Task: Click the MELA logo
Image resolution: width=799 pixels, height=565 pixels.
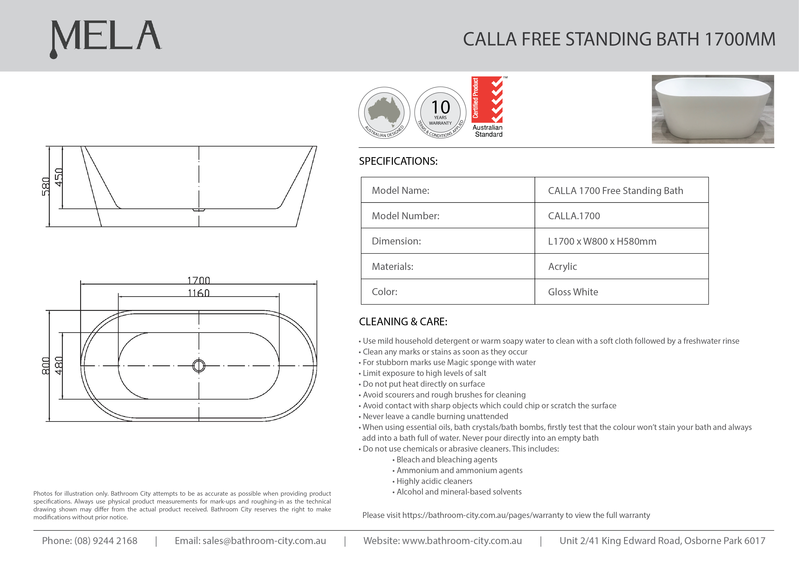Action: coord(106,38)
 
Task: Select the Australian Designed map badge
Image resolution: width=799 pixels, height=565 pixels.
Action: coord(384,112)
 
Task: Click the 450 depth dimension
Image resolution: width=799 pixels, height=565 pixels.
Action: coord(59,177)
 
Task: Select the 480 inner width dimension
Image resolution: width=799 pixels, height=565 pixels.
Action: coord(59,366)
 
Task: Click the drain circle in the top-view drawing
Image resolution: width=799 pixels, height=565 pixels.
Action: coord(199,366)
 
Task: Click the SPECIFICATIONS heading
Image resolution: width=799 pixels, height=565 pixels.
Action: coord(398,161)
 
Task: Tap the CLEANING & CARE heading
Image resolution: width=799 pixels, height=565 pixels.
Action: coord(403,321)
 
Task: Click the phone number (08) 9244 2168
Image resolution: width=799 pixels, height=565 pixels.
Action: coord(106,541)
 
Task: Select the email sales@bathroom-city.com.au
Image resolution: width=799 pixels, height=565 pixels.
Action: coord(264,541)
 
